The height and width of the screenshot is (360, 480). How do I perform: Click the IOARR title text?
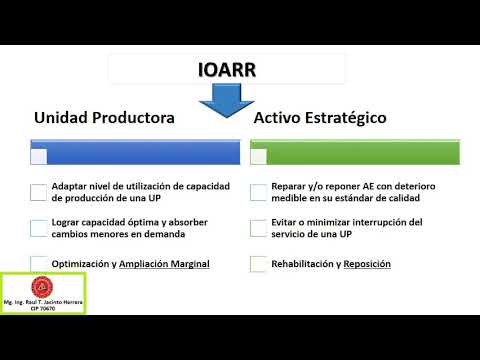coord(227,70)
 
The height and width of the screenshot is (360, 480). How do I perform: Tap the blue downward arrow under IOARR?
coord(227,101)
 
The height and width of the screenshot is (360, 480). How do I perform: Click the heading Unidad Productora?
coord(104,118)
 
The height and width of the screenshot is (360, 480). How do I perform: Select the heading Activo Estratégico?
coord(321,118)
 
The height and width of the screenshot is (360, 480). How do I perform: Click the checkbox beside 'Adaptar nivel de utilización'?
coord(38,192)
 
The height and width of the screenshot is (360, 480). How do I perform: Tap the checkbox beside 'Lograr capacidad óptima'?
coord(38,228)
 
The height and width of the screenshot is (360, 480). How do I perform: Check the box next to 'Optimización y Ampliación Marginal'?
coord(38,264)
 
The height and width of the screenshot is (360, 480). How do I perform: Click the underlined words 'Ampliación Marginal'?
coord(164,264)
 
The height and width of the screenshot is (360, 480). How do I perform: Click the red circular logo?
coord(42,285)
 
